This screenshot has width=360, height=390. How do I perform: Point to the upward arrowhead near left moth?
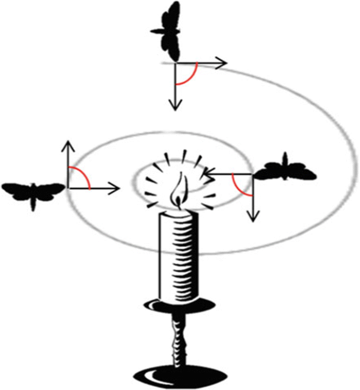[x=67, y=145]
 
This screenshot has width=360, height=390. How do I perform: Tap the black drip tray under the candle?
[x=179, y=304]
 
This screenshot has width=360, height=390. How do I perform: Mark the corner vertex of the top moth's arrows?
[x=175, y=64]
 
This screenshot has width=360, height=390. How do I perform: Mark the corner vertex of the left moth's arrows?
[x=67, y=188]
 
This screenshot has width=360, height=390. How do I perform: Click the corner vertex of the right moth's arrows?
[x=253, y=172]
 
